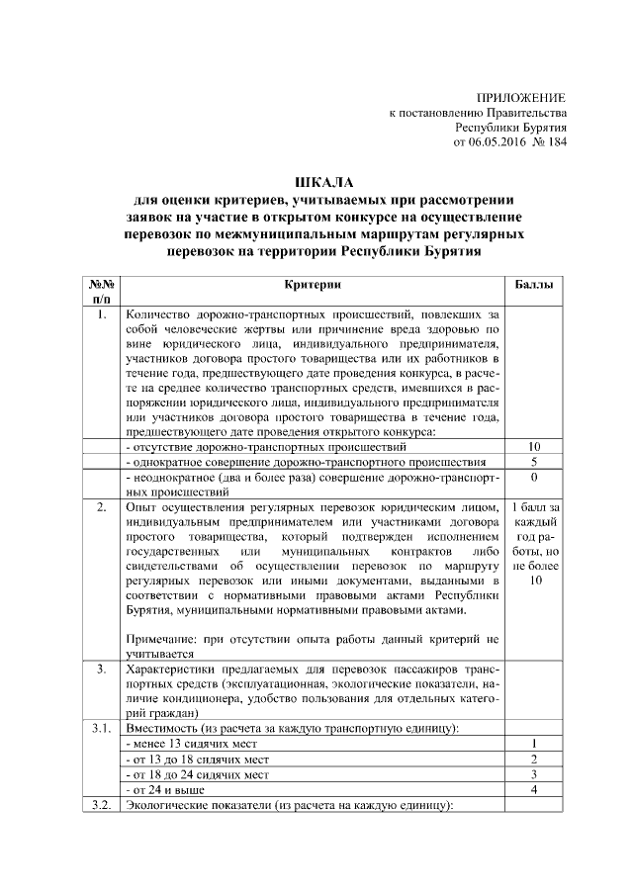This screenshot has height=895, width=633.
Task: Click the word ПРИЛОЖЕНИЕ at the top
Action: (x=520, y=98)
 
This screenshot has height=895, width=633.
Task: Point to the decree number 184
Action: (x=555, y=143)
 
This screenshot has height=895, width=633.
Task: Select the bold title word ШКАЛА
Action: (x=317, y=182)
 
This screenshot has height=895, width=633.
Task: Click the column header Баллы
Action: (x=534, y=285)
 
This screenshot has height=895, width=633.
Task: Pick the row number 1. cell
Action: (x=102, y=315)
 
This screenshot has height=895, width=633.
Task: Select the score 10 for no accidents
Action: (x=534, y=448)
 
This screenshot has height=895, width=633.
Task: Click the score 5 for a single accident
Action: (x=534, y=462)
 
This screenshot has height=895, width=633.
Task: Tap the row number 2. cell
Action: (x=102, y=506)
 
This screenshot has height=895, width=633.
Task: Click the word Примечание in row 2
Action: (x=161, y=639)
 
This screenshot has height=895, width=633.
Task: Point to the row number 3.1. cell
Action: (x=102, y=728)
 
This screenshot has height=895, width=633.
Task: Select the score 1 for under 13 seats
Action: (x=534, y=743)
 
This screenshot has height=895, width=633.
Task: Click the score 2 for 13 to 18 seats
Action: (x=534, y=758)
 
